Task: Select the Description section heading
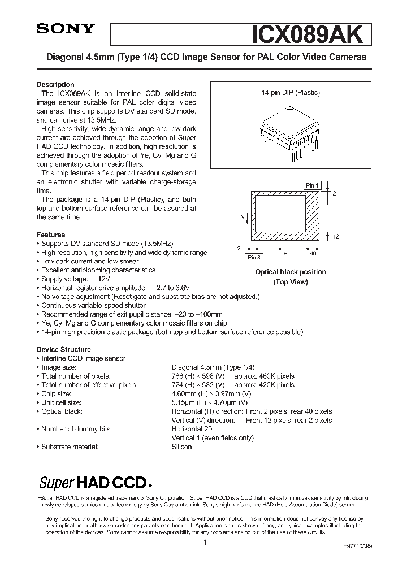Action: point(55,85)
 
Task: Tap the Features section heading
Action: point(51,235)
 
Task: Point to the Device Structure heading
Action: point(63,349)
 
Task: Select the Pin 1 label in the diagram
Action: point(312,185)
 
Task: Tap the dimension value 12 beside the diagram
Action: point(335,236)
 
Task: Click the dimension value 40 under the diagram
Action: point(313,254)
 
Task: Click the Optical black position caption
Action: point(290,272)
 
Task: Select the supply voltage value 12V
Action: point(104,279)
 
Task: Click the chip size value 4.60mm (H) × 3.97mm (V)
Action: point(211,393)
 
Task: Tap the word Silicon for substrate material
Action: point(181,447)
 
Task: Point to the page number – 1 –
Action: point(203,543)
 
